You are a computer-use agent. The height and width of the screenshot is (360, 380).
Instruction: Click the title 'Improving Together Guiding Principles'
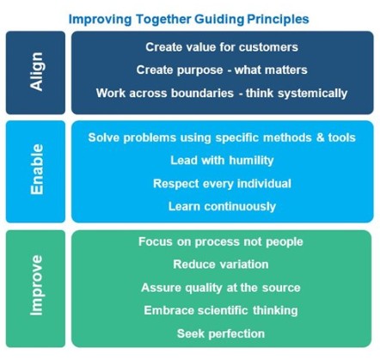click(x=189, y=20)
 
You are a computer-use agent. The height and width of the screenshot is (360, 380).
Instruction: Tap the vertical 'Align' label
click(x=37, y=71)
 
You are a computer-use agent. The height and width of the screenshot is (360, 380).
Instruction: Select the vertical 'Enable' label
click(x=37, y=169)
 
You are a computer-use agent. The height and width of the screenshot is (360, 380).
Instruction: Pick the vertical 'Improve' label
click(x=37, y=285)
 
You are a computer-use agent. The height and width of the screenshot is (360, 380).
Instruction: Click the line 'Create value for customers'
click(x=222, y=47)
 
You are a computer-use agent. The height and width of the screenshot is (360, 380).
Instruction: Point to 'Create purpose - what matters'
click(x=222, y=70)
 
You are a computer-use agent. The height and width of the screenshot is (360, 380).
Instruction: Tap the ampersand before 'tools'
click(x=320, y=137)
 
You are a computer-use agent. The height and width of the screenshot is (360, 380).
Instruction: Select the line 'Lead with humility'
click(x=222, y=161)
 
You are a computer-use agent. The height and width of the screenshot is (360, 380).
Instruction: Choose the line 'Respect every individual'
click(x=222, y=184)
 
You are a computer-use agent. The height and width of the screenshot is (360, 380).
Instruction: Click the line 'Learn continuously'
click(x=222, y=206)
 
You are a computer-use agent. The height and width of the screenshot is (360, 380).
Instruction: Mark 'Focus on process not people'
click(x=221, y=242)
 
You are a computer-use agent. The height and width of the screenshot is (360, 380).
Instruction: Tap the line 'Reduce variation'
click(x=221, y=265)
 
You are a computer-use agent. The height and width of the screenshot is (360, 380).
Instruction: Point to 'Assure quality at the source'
click(x=221, y=288)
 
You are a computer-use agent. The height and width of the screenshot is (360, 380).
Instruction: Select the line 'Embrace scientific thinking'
click(x=221, y=311)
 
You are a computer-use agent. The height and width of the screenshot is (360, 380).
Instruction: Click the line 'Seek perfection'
click(x=221, y=334)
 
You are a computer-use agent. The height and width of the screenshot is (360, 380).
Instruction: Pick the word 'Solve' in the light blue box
click(x=104, y=137)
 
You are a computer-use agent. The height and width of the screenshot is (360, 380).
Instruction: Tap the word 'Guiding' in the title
click(x=219, y=20)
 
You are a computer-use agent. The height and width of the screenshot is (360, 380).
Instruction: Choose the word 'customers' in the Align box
click(x=268, y=47)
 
